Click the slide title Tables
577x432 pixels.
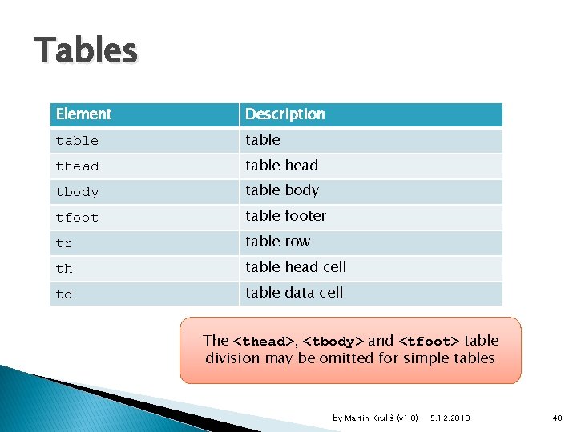tap(86, 51)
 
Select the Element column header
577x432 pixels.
tap(83, 114)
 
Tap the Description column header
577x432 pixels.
tap(284, 114)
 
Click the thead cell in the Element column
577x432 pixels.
tap(78, 166)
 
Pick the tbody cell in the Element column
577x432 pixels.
tap(78, 192)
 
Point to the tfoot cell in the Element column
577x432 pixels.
tap(78, 218)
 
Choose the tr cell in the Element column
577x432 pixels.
tap(64, 243)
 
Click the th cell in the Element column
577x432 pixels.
tap(64, 269)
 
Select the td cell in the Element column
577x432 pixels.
tap(64, 294)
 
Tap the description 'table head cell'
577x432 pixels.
tap(296, 267)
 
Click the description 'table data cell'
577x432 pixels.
tap(294, 293)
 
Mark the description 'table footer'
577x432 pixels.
tap(286, 216)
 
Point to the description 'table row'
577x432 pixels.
tap(277, 242)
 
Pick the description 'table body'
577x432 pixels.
tap(282, 190)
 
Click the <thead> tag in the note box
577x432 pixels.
tap(264, 342)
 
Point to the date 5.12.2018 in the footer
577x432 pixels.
tap(450, 418)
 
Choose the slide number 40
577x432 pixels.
tap(558, 418)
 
